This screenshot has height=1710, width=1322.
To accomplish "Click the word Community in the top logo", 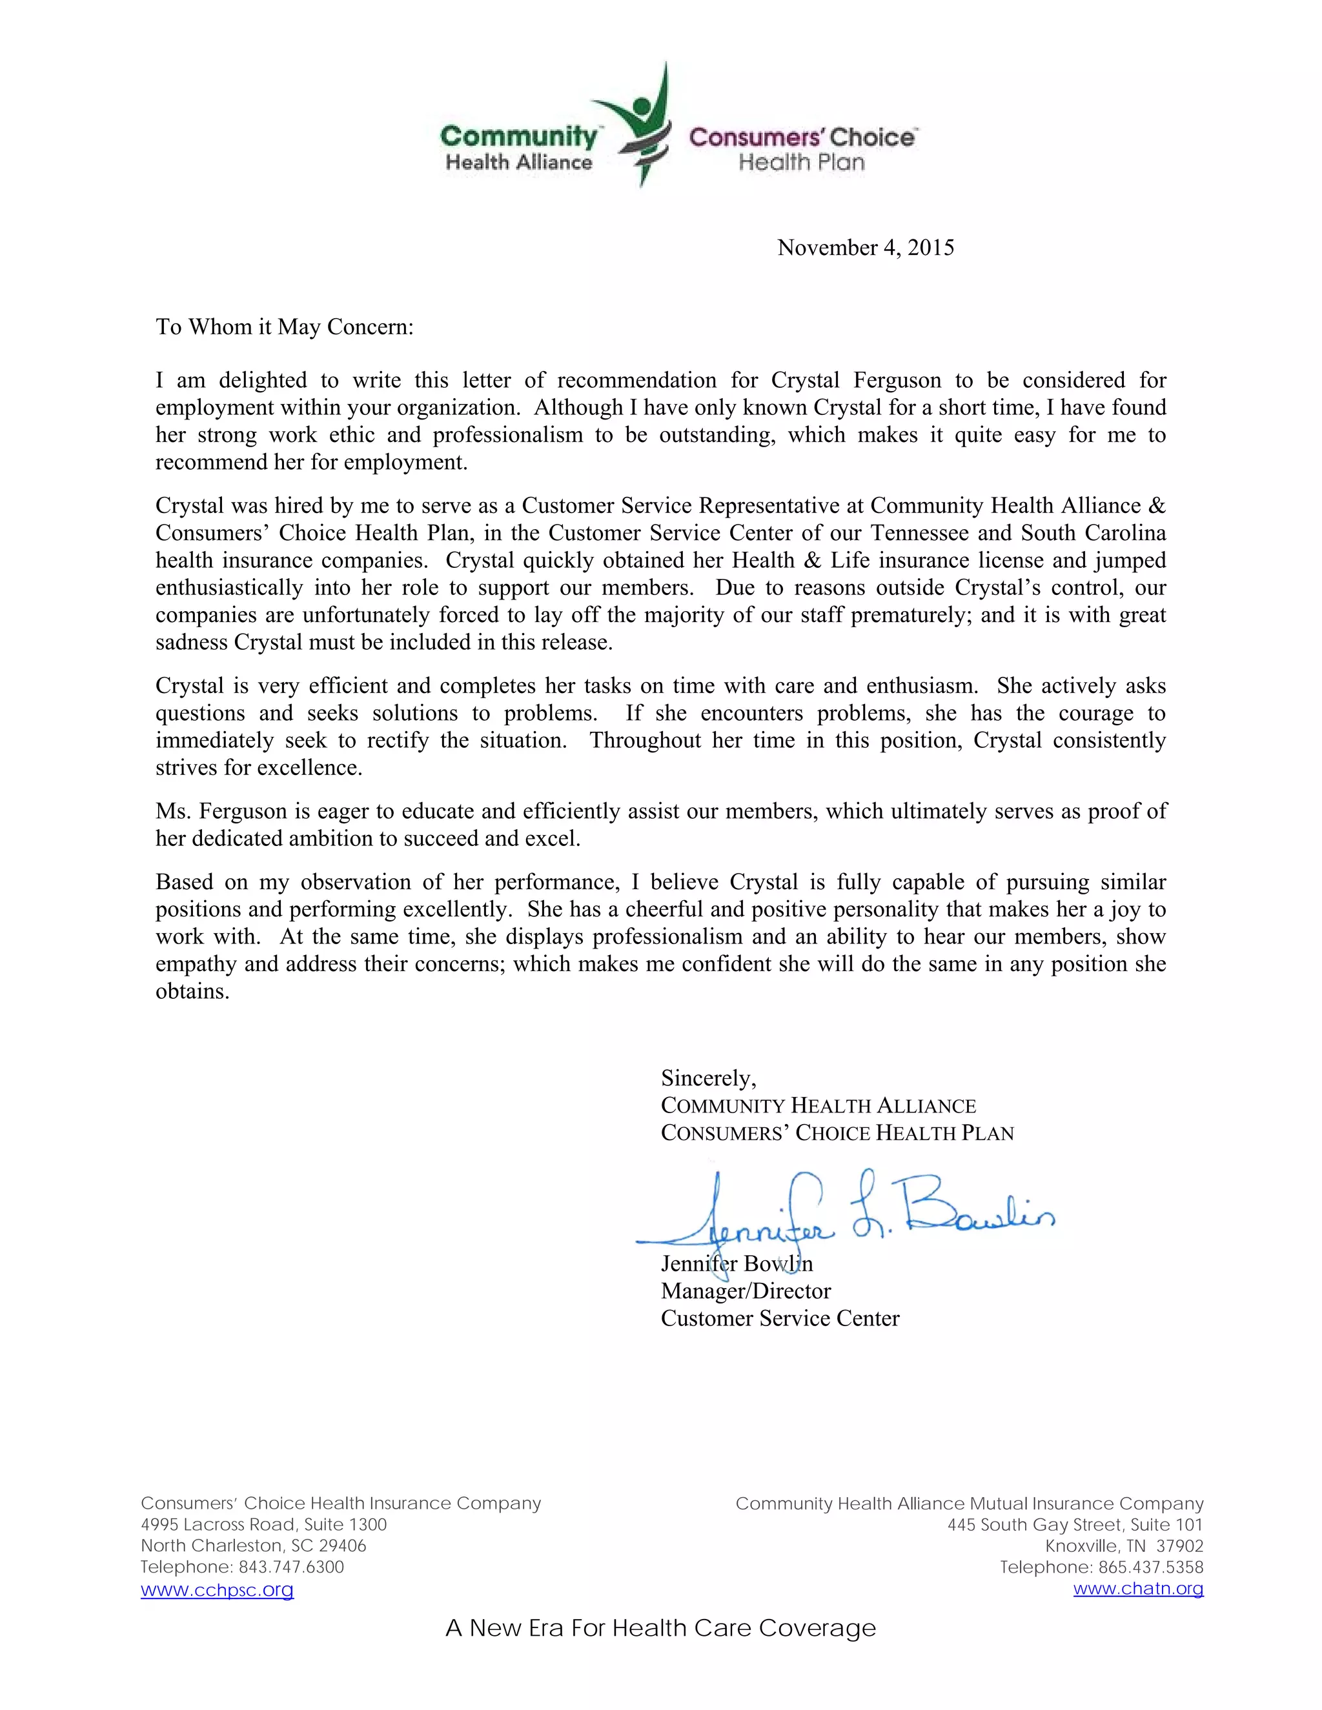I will [x=518, y=136].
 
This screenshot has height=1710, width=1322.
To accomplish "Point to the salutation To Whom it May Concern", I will [x=284, y=327].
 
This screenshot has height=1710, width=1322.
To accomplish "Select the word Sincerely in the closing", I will [x=708, y=1078].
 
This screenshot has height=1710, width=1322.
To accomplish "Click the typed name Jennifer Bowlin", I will [x=736, y=1263].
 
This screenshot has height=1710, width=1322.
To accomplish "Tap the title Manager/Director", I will [x=746, y=1291].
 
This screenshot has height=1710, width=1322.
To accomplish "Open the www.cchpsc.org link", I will [x=217, y=1589].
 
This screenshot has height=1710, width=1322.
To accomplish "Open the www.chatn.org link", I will [x=1138, y=1588].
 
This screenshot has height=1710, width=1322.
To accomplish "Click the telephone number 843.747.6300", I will [x=290, y=1567].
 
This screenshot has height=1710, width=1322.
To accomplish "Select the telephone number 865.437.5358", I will [x=1150, y=1567].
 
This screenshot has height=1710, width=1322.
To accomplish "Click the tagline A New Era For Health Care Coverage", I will [x=660, y=1628].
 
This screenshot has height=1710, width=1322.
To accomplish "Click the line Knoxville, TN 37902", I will [x=1124, y=1545].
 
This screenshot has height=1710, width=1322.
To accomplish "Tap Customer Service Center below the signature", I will [x=780, y=1318].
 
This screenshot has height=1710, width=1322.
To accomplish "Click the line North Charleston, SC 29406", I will [x=253, y=1545].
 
